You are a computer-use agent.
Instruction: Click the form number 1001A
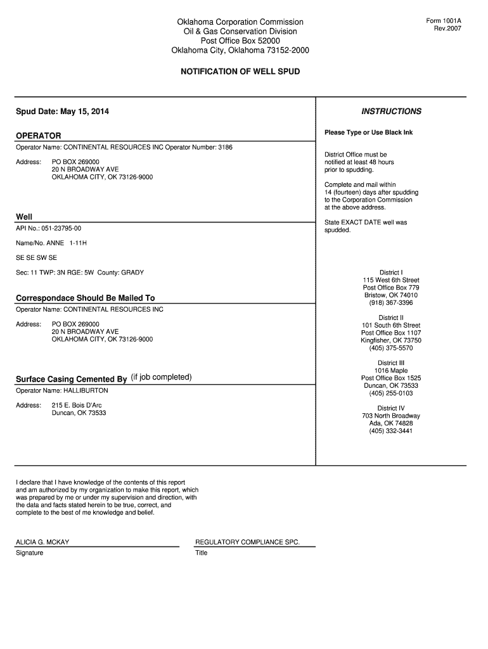point(444,21)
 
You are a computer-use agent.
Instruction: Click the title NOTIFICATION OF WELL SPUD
point(240,72)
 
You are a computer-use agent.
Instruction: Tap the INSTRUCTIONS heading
point(391,112)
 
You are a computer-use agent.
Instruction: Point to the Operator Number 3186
point(225,148)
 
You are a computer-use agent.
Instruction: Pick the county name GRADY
point(132,273)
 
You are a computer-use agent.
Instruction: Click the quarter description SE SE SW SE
point(36,258)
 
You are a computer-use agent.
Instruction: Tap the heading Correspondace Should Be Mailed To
point(85,298)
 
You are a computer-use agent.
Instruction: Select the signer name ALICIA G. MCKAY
point(42,543)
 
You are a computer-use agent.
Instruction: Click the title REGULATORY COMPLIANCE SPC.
point(247,543)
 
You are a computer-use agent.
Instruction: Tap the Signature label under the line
point(29,553)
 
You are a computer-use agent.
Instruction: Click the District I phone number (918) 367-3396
point(391,303)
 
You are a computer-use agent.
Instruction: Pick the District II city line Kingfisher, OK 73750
point(391,340)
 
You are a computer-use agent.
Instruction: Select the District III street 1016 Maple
point(391,371)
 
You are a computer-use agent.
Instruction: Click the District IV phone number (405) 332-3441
point(391,431)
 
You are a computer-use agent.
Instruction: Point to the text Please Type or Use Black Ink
point(368,132)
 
